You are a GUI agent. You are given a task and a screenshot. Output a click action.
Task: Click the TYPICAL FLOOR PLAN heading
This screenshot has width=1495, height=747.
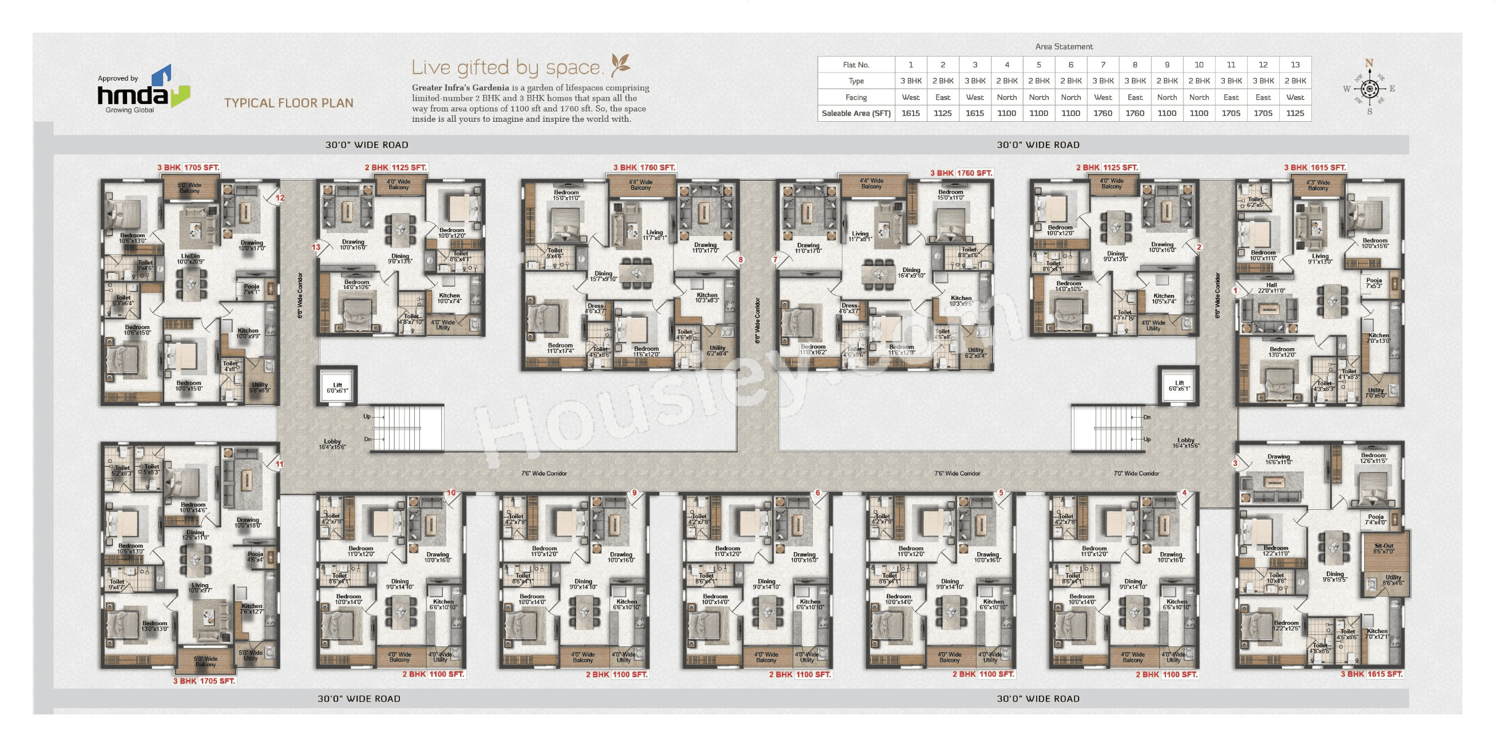pyautogui.click(x=288, y=103)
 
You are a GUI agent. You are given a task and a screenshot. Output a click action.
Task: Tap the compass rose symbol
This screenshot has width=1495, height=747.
pyautogui.click(x=1369, y=89)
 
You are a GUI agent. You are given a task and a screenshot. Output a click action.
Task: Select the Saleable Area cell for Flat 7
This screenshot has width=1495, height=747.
pyautogui.click(x=1103, y=113)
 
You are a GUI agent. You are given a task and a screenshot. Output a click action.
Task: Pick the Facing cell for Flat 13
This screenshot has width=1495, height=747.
pyautogui.click(x=1295, y=97)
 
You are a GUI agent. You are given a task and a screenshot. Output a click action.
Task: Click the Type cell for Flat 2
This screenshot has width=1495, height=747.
pyautogui.click(x=942, y=81)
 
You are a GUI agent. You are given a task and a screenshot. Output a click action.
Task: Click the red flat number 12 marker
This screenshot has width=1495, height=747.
pyautogui.click(x=280, y=198)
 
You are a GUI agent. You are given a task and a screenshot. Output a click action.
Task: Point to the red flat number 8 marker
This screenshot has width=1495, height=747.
pyautogui.click(x=740, y=260)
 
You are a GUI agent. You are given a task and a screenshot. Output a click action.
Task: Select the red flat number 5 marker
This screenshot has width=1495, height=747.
pyautogui.click(x=1001, y=493)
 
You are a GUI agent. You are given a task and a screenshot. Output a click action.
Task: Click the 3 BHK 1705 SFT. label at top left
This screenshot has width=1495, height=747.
pyautogui.click(x=189, y=167)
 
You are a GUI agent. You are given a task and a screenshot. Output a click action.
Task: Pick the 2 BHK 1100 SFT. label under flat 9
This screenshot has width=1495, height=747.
pyautogui.click(x=617, y=674)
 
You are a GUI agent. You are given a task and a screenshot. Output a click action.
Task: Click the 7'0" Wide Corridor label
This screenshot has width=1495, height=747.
pyautogui.click(x=1136, y=473)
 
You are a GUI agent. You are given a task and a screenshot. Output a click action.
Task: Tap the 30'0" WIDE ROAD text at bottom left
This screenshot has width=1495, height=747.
pyautogui.click(x=359, y=699)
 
